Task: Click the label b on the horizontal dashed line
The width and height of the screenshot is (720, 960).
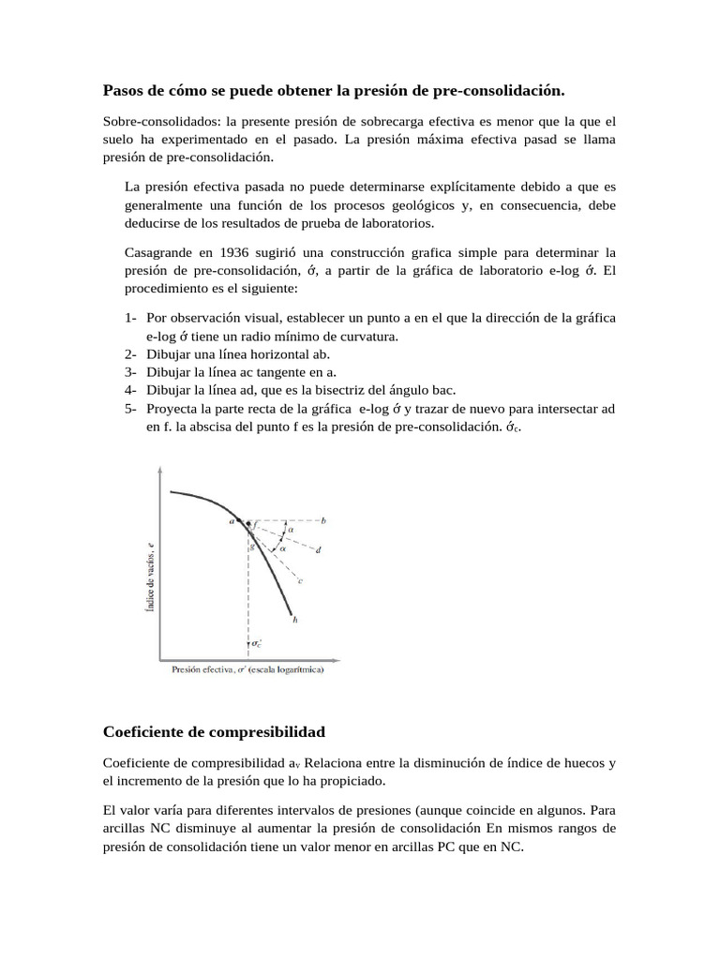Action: click(323, 520)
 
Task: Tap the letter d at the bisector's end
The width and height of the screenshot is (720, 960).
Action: click(319, 550)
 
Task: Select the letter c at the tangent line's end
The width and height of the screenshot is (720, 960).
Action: click(300, 581)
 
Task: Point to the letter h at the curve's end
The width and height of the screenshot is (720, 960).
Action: click(295, 620)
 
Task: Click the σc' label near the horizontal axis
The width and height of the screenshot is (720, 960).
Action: click(257, 644)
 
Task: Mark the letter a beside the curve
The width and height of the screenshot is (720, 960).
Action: click(232, 521)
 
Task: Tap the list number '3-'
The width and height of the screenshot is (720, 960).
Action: click(130, 372)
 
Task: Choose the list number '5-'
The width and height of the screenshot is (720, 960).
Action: click(130, 408)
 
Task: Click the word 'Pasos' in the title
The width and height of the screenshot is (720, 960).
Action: click(122, 90)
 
